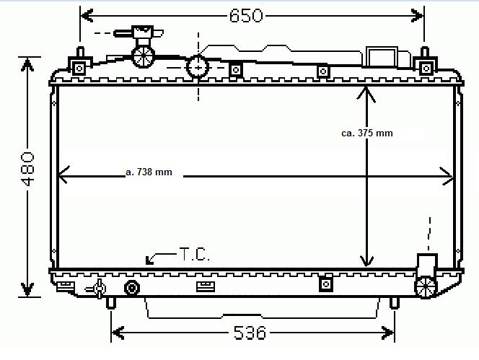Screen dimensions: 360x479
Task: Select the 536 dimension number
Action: [x=250, y=333]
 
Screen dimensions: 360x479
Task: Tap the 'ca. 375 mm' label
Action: [x=367, y=133]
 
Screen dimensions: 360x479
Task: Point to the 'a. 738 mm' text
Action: [x=149, y=172]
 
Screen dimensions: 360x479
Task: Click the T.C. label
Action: [x=194, y=254]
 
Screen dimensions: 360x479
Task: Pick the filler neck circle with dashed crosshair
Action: [x=197, y=67]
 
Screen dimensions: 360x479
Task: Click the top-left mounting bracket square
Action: [x=79, y=68]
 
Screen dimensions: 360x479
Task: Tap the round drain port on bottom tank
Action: [x=132, y=289]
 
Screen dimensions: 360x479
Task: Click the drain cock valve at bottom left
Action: [x=97, y=289]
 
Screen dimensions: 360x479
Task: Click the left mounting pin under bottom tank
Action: [x=110, y=303]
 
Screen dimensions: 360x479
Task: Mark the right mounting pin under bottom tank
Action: [x=394, y=303]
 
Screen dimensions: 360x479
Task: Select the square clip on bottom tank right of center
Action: [x=325, y=284]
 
